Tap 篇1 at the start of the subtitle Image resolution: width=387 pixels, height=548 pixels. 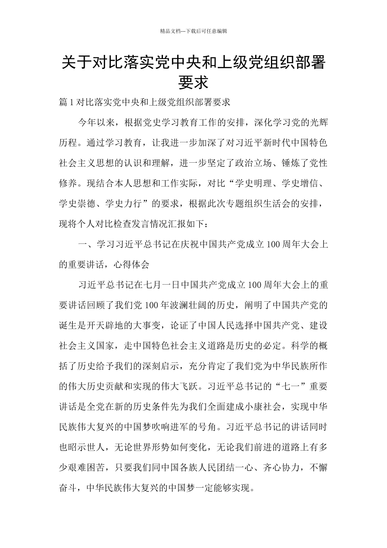(66, 103)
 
